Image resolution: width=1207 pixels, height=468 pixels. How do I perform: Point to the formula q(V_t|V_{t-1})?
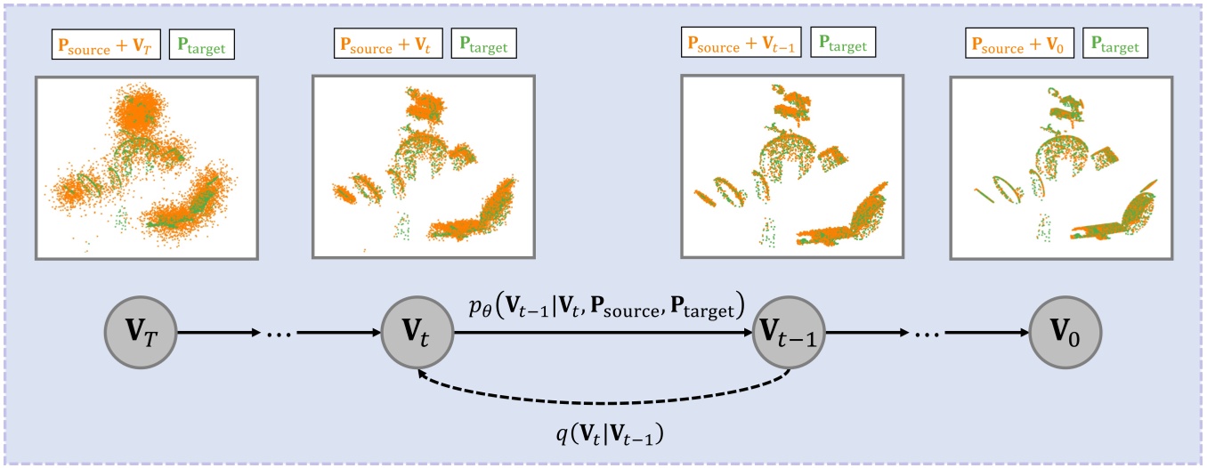[x=607, y=433]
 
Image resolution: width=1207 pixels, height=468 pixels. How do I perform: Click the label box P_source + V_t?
[x=389, y=43]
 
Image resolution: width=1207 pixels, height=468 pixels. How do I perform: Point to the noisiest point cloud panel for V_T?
[x=146, y=167]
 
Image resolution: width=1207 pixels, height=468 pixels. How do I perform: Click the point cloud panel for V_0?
[x=1059, y=167]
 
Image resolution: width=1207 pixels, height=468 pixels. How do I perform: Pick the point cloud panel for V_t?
[x=422, y=167]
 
